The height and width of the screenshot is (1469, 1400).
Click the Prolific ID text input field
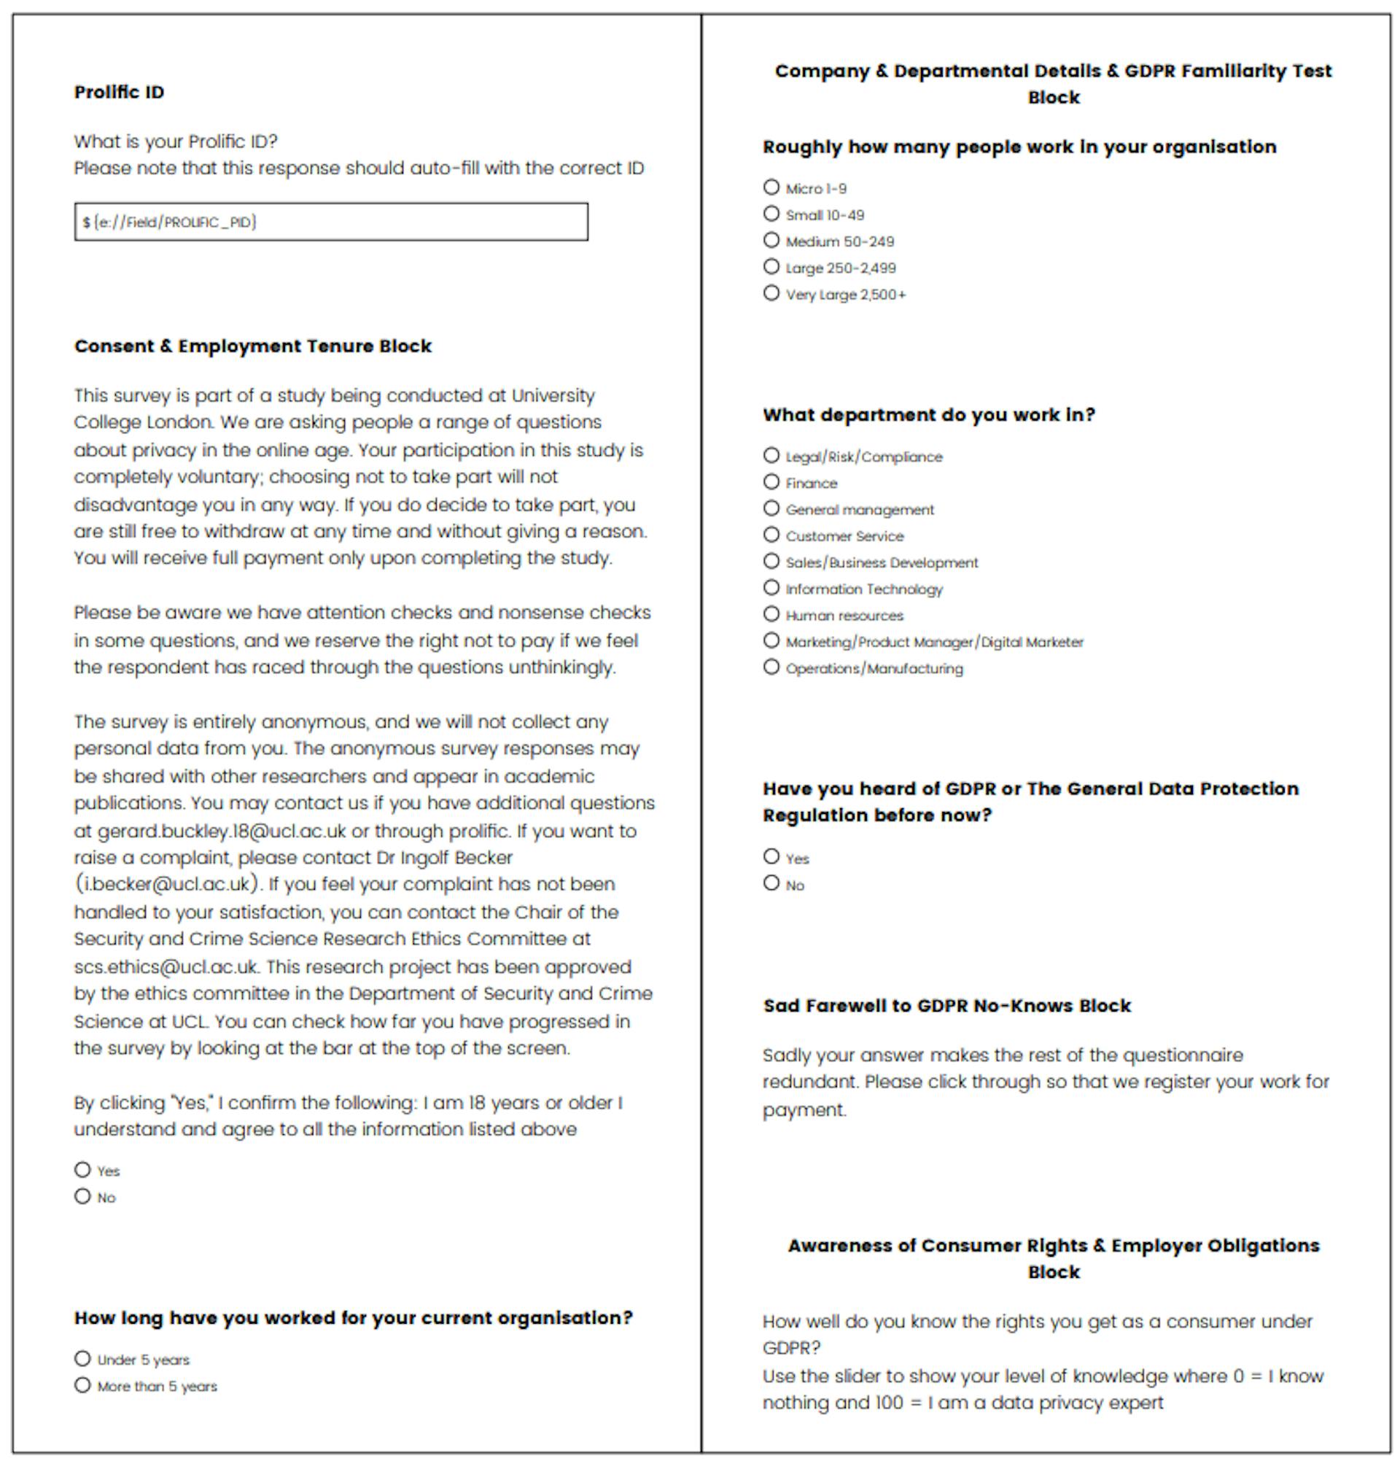pyautogui.click(x=330, y=222)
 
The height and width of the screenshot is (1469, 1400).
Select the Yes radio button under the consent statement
pyautogui.click(x=83, y=1169)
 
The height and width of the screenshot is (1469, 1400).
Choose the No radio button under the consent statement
pyautogui.click(x=83, y=1195)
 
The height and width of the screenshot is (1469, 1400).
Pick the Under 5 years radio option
pyautogui.click(x=83, y=1358)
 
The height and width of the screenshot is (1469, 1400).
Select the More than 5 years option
pyautogui.click(x=83, y=1384)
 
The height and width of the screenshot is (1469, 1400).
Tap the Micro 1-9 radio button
pyautogui.click(x=771, y=187)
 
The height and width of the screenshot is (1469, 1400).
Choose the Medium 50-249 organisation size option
pyautogui.click(x=771, y=241)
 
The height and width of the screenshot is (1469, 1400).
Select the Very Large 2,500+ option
pyautogui.click(x=771, y=293)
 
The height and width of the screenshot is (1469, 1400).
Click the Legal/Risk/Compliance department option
pyautogui.click(x=771, y=455)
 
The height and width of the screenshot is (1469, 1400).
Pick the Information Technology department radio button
pyautogui.click(x=771, y=587)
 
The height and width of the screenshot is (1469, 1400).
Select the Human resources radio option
pyautogui.click(x=771, y=614)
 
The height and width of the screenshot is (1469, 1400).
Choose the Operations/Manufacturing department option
pyautogui.click(x=771, y=667)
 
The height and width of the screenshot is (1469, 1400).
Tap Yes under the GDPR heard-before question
pyautogui.click(x=771, y=857)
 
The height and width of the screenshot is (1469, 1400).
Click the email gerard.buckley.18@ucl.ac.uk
pyautogui.click(x=222, y=831)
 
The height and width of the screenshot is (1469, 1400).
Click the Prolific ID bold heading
pyautogui.click(x=119, y=92)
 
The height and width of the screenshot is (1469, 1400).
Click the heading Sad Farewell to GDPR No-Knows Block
pyautogui.click(x=946, y=1005)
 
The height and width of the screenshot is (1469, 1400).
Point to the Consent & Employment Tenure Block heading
pyautogui.click(x=252, y=346)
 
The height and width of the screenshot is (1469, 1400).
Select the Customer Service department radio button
pyautogui.click(x=771, y=535)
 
